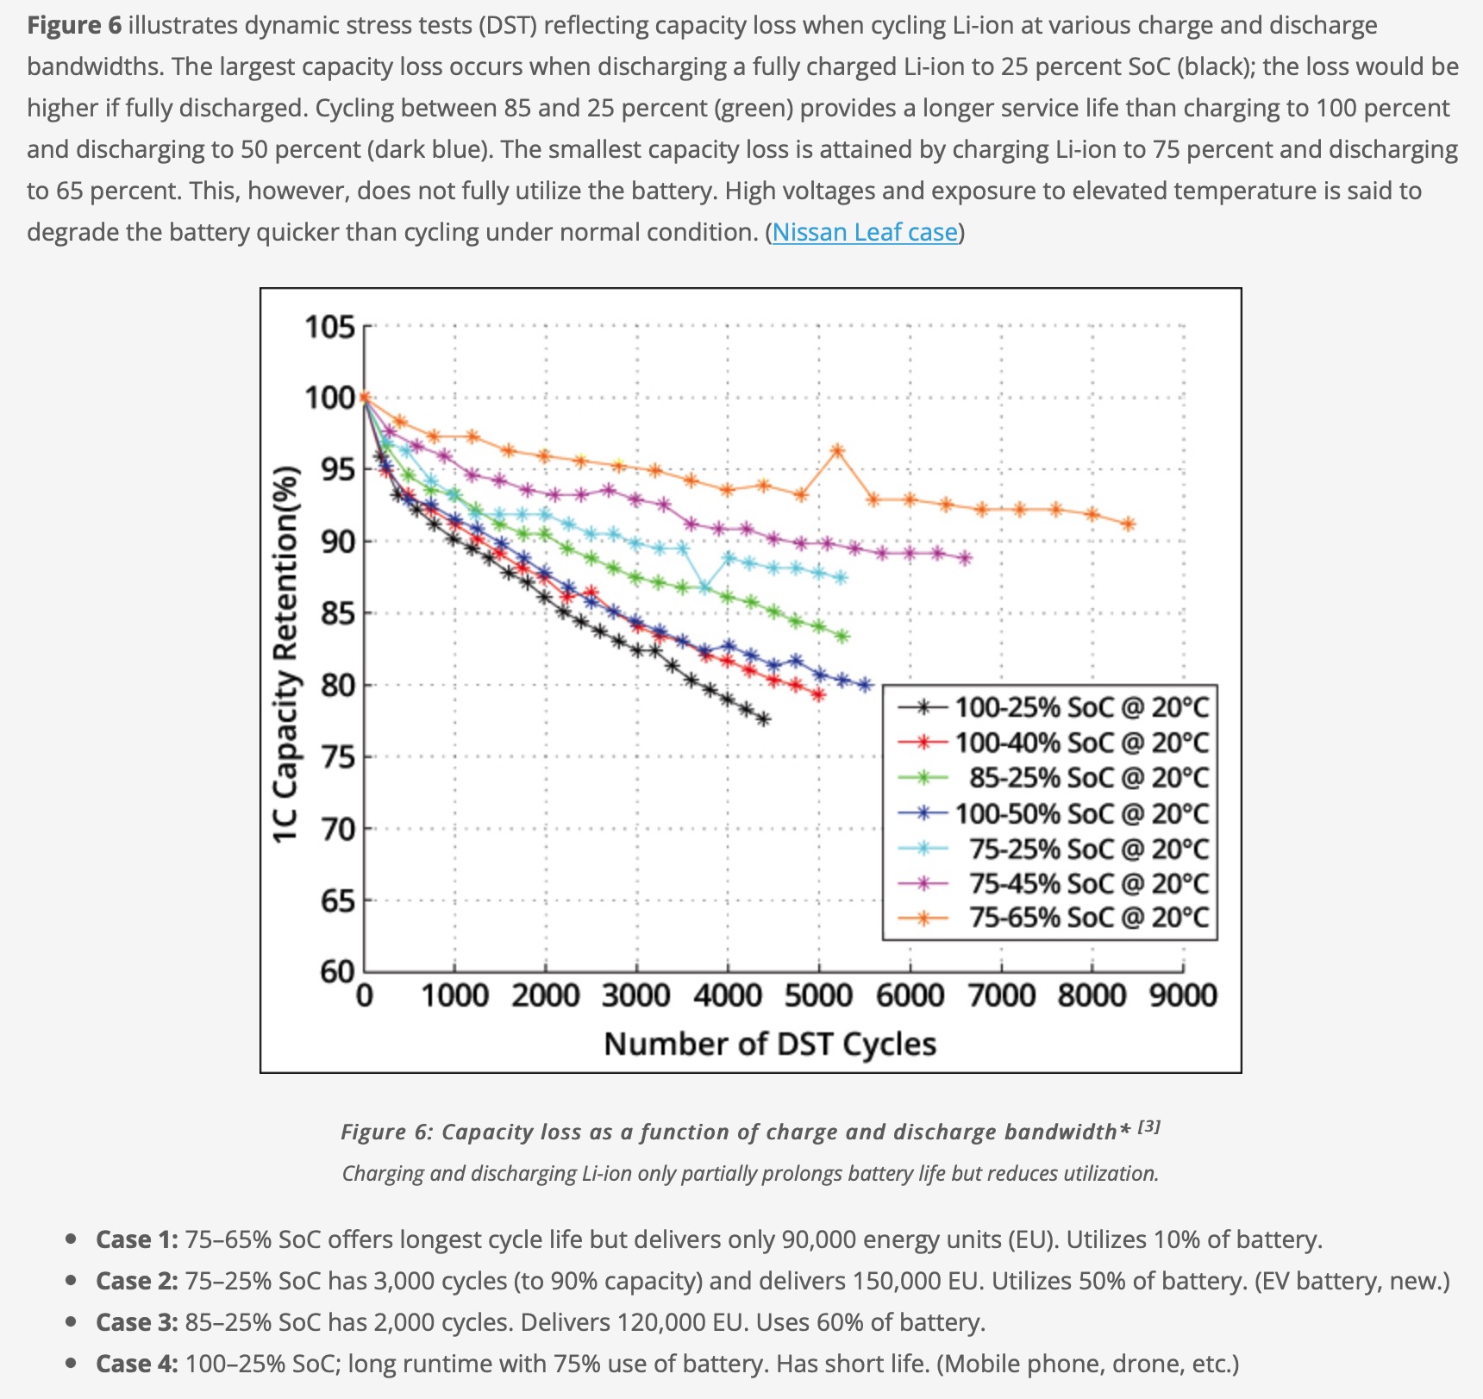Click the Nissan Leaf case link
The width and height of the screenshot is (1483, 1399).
point(865,232)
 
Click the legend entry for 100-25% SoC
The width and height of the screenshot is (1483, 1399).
point(1081,707)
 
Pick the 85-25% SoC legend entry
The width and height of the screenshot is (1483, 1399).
point(1088,777)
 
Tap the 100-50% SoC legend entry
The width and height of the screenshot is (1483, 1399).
point(1081,813)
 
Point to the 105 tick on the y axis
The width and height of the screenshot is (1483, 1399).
point(329,328)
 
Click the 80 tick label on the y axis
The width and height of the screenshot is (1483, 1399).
point(338,686)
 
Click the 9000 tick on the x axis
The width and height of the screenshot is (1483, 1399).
point(1183,996)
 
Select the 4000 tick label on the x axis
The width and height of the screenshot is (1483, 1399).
point(728,996)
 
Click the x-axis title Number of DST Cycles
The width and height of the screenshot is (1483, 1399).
point(770,1044)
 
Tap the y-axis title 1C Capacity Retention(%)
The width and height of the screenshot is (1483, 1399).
point(285,655)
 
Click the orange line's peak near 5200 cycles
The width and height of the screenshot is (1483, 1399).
point(837,450)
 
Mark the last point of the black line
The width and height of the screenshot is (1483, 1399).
point(764,719)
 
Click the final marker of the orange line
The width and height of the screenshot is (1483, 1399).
point(1128,524)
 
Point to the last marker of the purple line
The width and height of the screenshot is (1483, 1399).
point(965,558)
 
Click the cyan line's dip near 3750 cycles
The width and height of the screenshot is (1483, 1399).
point(705,588)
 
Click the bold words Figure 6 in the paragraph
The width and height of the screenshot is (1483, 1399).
point(74,25)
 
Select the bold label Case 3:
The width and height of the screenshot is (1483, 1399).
point(137,1322)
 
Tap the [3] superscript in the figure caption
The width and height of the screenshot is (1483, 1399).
point(1149,1126)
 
